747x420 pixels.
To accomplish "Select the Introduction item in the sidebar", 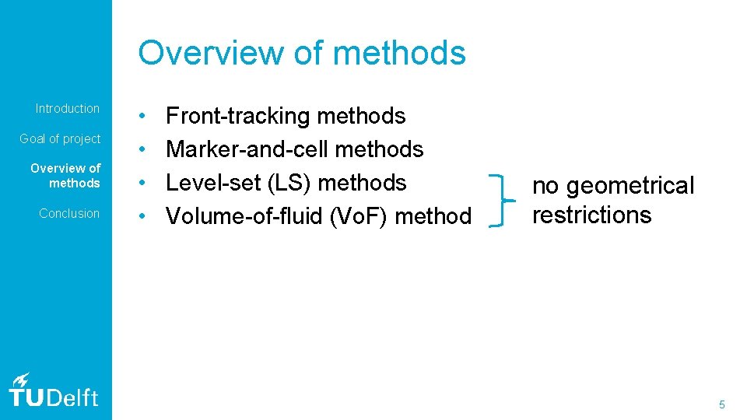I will [x=68, y=109].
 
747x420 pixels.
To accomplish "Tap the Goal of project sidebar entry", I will [x=60, y=139].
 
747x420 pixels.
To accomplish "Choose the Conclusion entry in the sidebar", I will [x=69, y=213].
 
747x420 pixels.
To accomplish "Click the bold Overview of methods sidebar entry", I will [x=65, y=176].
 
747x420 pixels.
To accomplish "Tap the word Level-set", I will [x=210, y=183].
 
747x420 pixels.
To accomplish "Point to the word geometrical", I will [x=630, y=186].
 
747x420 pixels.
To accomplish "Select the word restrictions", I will [x=591, y=215].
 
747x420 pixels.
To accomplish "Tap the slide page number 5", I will [x=722, y=404].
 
